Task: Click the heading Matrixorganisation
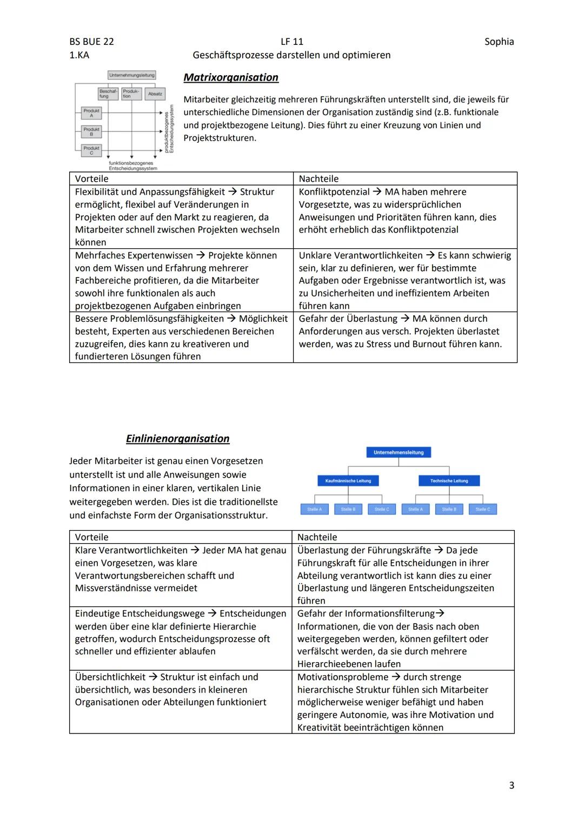[231, 77]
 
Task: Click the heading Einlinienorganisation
[177, 439]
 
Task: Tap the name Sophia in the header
[499, 42]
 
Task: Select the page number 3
[512, 785]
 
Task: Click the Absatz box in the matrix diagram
[155, 94]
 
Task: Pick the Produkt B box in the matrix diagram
[91, 131]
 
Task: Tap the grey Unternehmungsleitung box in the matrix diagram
[131, 75]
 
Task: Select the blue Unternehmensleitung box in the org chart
[399, 452]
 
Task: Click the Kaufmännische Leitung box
[348, 480]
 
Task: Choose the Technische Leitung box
[449, 480]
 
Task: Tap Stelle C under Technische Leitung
[482, 509]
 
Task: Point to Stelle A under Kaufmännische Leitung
[314, 509]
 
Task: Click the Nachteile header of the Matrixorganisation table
[318, 179]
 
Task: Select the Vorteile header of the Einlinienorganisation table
[91, 537]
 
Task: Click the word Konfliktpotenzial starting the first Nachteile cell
[334, 192]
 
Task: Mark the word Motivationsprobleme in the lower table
[342, 677]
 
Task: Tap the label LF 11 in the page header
[292, 42]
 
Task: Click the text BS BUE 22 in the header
[91, 42]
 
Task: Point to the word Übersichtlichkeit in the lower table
[110, 677]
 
